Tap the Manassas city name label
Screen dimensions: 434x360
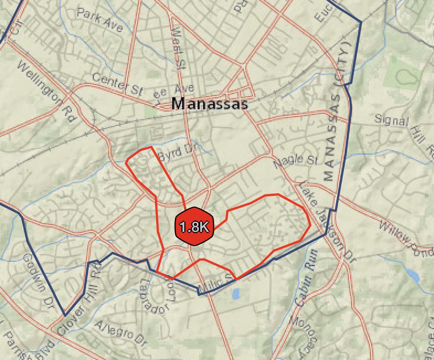point(209,104)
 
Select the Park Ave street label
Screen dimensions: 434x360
point(99,21)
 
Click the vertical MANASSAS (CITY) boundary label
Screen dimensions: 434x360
point(338,112)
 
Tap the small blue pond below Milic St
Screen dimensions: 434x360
point(236,293)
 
